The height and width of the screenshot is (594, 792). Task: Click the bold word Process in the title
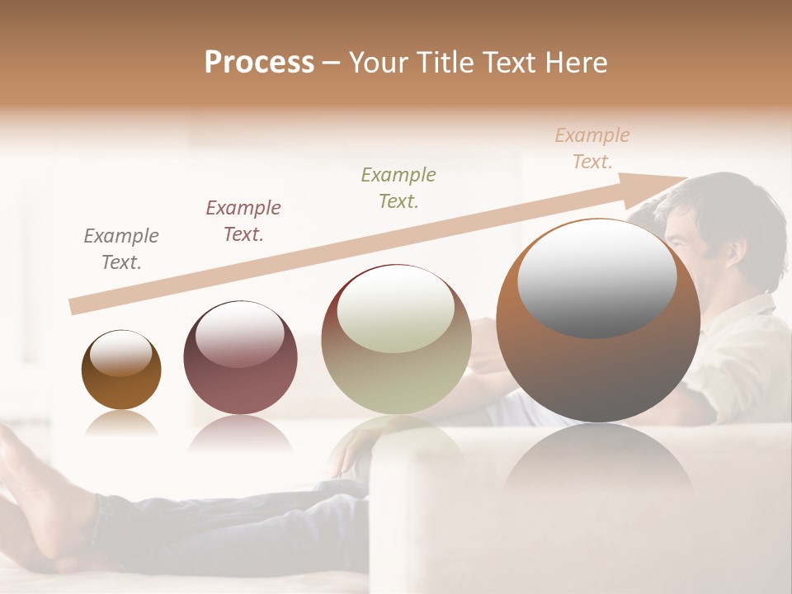pyautogui.click(x=259, y=63)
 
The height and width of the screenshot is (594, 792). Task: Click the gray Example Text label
pyautogui.click(x=121, y=249)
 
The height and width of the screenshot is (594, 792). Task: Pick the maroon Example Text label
pyautogui.click(x=243, y=221)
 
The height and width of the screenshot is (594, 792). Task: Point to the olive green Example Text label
pyautogui.click(x=398, y=187)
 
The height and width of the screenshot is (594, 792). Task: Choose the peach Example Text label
pyautogui.click(x=592, y=148)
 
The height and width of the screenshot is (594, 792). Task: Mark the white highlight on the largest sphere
pyautogui.click(x=596, y=276)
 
